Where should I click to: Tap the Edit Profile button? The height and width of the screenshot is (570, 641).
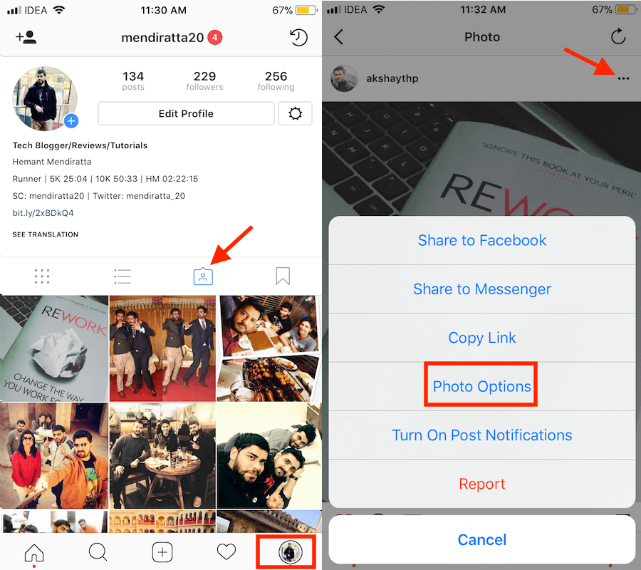pos(186,113)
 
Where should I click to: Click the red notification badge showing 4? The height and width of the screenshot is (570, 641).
pos(214,38)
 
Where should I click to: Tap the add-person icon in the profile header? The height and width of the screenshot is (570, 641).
pos(26,37)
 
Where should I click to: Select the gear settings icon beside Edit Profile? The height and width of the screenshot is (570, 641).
pos(295,113)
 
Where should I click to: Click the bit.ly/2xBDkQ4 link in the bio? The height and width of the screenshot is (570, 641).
pos(43,212)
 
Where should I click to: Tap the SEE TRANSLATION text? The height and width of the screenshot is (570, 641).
pos(46,234)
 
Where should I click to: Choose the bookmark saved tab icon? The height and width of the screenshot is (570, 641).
pos(283,276)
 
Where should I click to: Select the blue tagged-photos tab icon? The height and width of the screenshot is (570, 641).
pos(203,276)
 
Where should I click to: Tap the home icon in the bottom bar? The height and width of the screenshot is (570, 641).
pos(34,553)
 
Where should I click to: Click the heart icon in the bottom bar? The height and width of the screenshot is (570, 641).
pos(226,552)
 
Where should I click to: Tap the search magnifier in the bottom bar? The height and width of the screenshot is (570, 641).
pos(98,552)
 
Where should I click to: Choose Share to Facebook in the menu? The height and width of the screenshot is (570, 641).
pos(482,240)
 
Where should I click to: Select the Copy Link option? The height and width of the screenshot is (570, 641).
pos(482,338)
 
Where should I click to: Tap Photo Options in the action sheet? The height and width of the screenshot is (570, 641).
pos(482,386)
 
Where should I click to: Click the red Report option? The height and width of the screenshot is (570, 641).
pos(482,484)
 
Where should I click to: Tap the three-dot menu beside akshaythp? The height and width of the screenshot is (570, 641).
pos(623,78)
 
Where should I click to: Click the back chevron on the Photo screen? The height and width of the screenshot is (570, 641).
pos(338,37)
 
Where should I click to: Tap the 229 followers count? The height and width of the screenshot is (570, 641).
pos(205,81)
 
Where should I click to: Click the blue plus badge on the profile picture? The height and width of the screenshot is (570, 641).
pos(71,121)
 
